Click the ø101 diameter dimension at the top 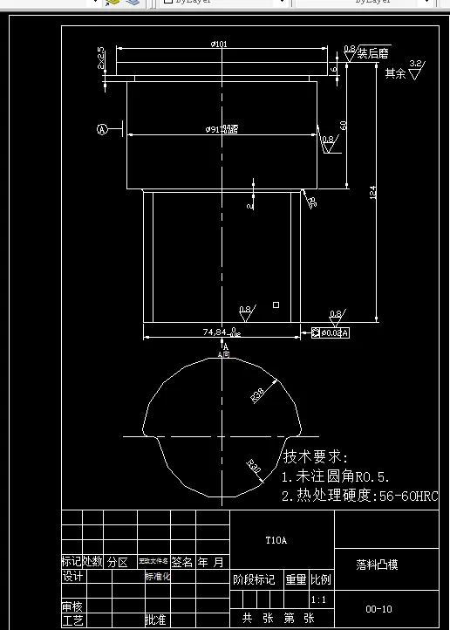pos(219,44)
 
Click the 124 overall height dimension pos(373,196)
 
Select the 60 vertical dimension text pos(344,126)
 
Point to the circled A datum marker pos(101,130)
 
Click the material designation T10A pos(276,541)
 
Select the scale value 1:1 pos(319,600)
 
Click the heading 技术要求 pos(315,457)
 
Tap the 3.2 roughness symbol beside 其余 pos(415,68)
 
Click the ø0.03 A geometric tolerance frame pos(331,332)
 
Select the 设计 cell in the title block pos(72,577)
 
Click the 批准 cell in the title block pos(155,620)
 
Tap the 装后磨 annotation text pos(374,53)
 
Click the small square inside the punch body pos(276,305)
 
